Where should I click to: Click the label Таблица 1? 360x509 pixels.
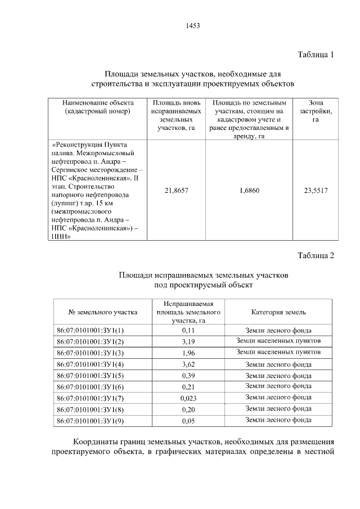pos(316,55)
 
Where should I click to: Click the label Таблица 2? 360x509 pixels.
pos(316,255)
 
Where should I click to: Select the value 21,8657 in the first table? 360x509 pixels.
pos(176,191)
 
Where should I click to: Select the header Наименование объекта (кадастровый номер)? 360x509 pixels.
pos(98,107)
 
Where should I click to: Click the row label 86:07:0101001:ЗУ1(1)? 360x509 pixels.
pos(90,331)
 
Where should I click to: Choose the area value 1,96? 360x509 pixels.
pos(188,353)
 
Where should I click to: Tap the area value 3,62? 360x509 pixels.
pos(188,364)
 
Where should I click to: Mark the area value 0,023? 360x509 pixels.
pos(188,398)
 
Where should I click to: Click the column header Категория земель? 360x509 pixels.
pos(278,312)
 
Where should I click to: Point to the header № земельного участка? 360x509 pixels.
pos(103,312)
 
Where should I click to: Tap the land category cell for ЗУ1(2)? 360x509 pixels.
pos(278,341)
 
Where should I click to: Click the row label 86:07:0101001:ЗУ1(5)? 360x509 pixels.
pos(90,376)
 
